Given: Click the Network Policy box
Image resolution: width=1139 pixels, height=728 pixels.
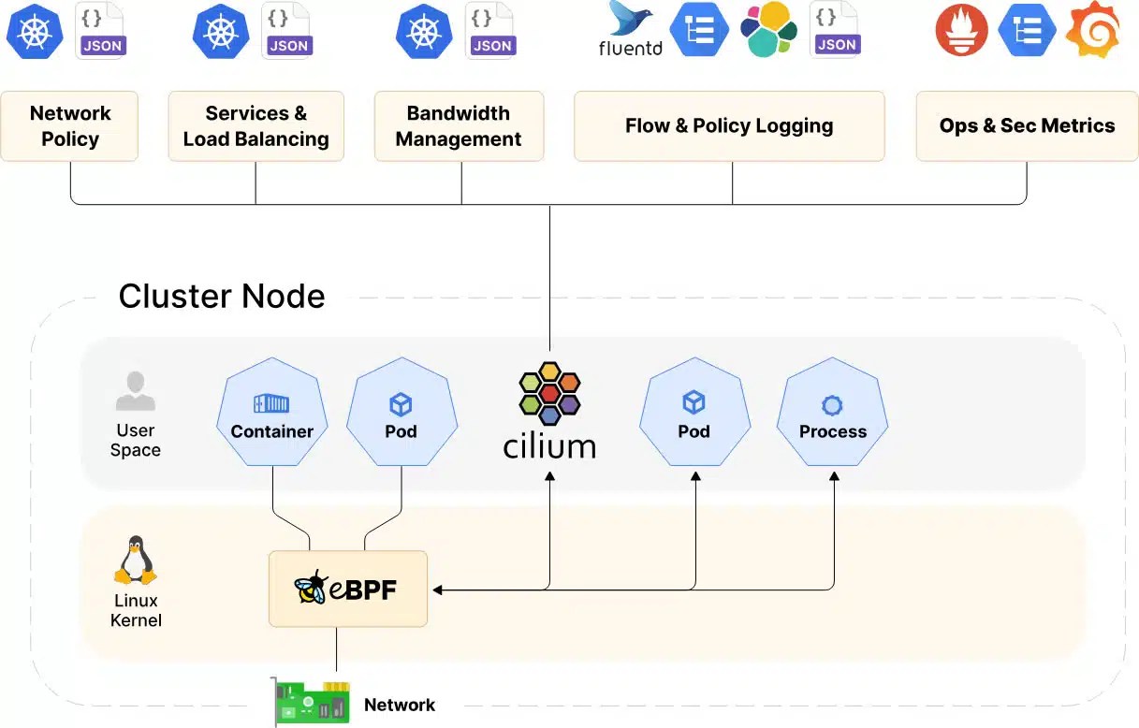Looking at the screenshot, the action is pos(69,126).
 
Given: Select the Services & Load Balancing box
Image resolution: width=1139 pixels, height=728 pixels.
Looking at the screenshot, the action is pos(256,126).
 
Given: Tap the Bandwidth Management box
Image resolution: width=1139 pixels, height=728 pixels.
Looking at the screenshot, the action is pos(460,126).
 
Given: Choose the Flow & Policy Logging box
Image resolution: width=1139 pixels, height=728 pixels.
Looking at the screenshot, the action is pos(729,126).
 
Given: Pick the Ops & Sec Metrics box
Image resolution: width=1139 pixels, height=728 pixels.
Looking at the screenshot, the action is pos(1027,126).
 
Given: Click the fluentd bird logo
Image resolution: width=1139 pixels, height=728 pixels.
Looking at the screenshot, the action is pos(630,19).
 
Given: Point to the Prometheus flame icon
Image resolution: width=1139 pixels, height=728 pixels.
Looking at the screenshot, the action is pos(961,31).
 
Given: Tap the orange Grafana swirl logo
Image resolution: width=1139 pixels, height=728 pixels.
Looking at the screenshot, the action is pos(1094,31).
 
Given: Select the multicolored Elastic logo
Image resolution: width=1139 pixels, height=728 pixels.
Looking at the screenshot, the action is pos(768,29).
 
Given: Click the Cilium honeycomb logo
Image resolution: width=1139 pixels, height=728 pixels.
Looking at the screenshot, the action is pos(549,393).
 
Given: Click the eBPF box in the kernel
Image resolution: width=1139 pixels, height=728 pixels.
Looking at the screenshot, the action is pos(348,589).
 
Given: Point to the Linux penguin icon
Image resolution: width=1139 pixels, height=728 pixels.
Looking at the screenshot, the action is pos(136,560).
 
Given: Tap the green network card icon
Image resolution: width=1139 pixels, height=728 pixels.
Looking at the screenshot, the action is pos(310,702).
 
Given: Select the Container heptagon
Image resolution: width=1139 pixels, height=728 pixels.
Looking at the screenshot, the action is pos(272,412).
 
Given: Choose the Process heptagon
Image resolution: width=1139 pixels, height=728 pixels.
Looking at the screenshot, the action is pos(832,412).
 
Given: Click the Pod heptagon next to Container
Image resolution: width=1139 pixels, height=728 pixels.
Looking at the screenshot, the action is pos(402,412).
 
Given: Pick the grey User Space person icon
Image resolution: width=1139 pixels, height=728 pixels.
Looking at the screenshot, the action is pos(136,391).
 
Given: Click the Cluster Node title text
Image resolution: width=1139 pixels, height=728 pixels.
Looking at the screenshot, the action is pos(222,296).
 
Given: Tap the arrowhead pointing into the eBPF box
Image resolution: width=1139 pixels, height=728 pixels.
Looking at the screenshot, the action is pos(437,590).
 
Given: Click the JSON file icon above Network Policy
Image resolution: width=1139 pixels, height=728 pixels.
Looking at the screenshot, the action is pos(101,31).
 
